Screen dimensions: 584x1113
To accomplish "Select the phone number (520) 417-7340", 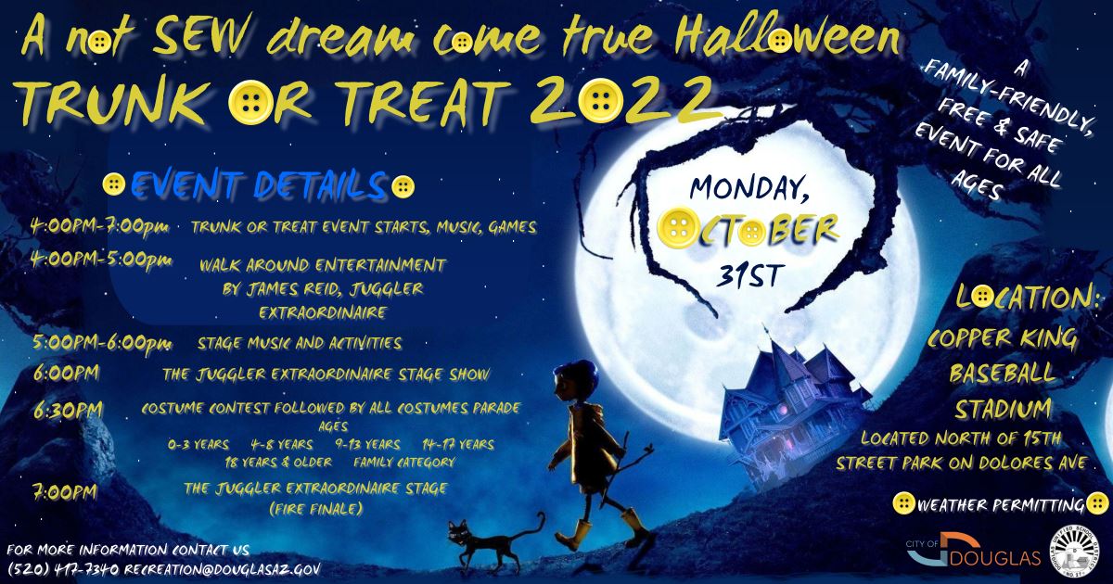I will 63,567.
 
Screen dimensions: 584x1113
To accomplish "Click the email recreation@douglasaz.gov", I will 224,567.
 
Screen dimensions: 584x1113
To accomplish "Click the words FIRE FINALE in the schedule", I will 315,509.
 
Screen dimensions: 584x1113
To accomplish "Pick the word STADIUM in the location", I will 1001,408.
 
